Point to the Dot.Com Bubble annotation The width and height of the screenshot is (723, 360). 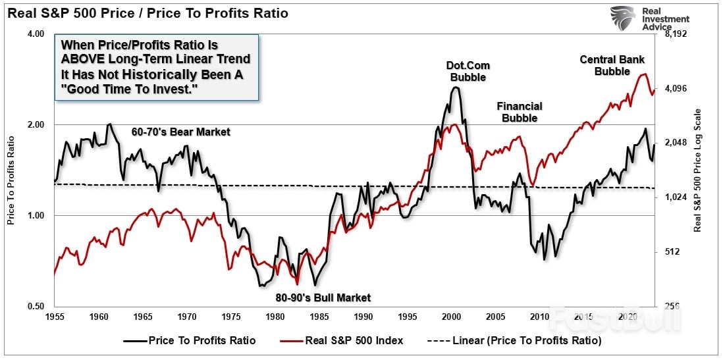click(468, 71)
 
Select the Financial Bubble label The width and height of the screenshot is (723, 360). click(520, 112)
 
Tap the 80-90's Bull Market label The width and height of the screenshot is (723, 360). click(323, 297)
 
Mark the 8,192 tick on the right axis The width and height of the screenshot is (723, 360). click(675, 34)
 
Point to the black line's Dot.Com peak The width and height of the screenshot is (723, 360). click(454, 88)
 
